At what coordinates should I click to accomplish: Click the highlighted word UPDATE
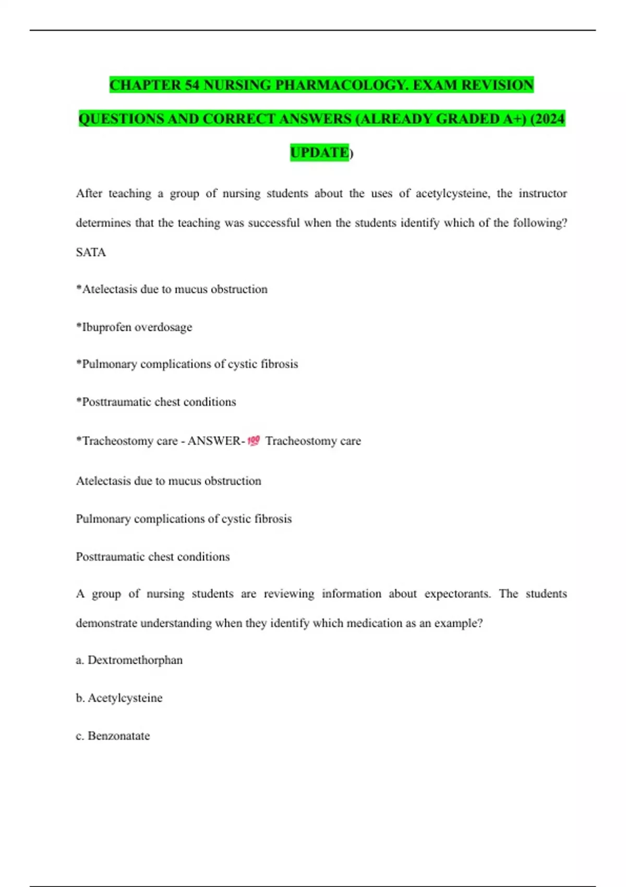click(319, 152)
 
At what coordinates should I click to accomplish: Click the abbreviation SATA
click(91, 253)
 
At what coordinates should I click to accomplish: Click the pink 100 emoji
click(254, 441)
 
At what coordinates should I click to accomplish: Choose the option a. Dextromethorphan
click(129, 660)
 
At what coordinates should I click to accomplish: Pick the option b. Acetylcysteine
click(119, 698)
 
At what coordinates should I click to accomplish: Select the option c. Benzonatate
click(113, 736)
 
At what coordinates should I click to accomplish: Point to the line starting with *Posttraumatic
click(156, 402)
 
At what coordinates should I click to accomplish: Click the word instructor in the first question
click(543, 194)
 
